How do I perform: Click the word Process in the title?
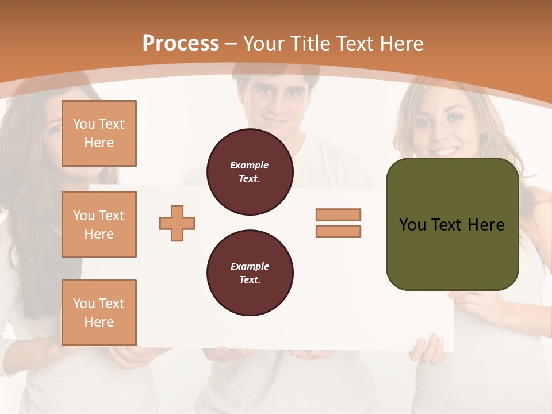click(181, 44)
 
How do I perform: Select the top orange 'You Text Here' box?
click(99, 133)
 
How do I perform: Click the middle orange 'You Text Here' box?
click(99, 224)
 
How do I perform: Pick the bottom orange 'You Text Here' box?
click(99, 313)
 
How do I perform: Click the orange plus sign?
click(177, 223)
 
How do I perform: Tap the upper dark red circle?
click(250, 172)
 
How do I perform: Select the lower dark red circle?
click(250, 273)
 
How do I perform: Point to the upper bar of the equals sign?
click(338, 214)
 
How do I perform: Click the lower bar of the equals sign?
click(338, 231)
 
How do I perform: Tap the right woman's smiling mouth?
click(446, 151)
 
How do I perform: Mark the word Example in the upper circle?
click(250, 165)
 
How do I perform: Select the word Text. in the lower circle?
click(250, 280)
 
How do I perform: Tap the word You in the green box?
click(412, 225)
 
